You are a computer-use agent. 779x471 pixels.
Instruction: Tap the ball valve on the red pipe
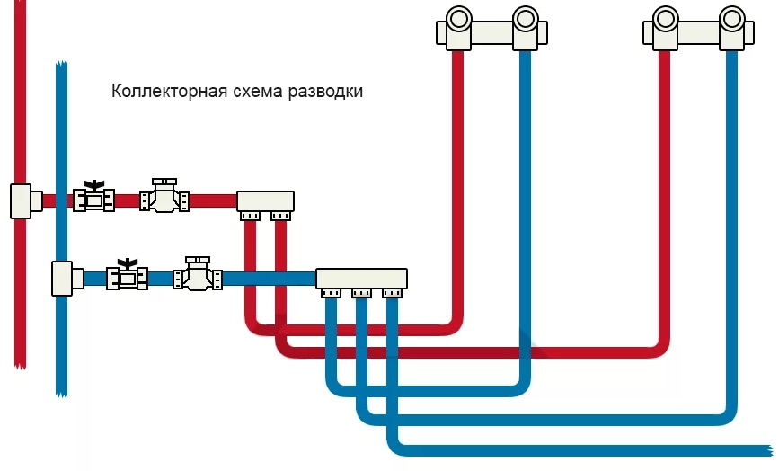(93, 197)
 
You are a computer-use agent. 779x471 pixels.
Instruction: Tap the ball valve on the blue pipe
(127, 276)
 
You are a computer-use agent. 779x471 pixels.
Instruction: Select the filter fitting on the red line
(164, 198)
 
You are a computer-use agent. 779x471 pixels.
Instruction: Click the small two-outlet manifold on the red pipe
(265, 200)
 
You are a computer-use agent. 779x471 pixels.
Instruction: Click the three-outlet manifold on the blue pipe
(361, 278)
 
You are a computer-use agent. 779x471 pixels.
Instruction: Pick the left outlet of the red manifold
(249, 216)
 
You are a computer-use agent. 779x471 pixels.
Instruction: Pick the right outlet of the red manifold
(281, 216)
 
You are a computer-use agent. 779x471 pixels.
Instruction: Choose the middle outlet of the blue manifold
(361, 293)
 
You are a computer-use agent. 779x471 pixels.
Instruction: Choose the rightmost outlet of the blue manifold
(392, 293)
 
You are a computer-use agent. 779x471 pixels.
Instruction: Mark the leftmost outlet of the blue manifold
(331, 293)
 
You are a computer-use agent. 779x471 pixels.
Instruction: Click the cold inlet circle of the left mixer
(525, 19)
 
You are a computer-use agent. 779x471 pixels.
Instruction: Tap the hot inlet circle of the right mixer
(665, 19)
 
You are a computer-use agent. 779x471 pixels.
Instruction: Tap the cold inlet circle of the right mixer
(732, 19)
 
